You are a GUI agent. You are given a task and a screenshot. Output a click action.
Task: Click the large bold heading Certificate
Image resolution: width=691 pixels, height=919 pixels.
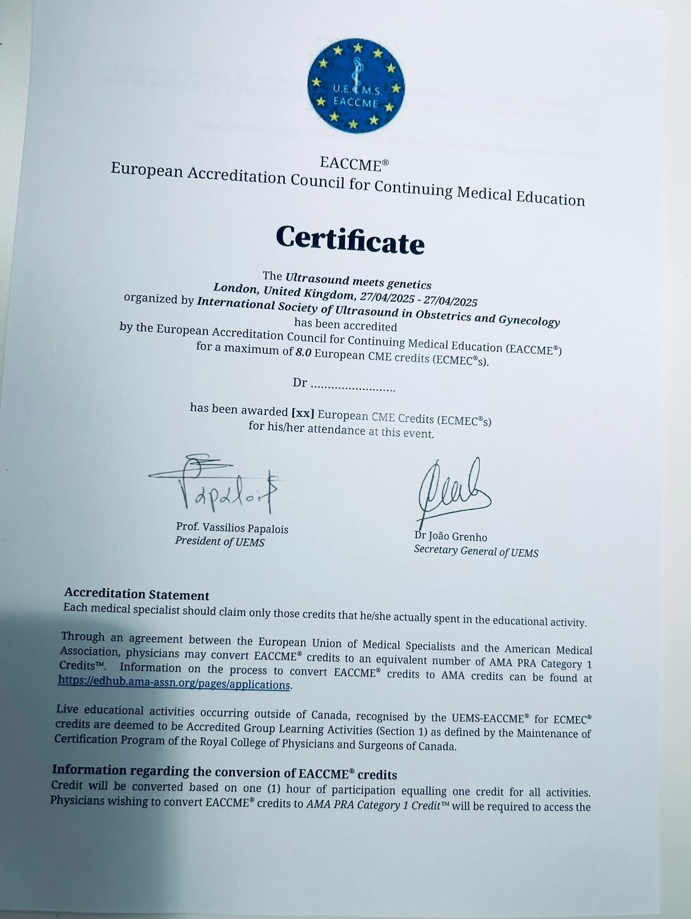click(350, 239)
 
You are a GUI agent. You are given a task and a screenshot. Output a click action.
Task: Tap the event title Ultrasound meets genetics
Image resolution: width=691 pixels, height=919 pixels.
click(358, 280)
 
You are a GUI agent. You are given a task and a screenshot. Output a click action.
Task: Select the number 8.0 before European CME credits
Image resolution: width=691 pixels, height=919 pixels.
click(304, 352)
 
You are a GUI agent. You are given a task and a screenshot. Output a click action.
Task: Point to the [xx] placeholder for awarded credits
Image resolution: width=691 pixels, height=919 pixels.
click(303, 412)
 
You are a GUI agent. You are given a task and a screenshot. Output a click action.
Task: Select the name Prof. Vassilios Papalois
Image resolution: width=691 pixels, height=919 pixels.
click(232, 528)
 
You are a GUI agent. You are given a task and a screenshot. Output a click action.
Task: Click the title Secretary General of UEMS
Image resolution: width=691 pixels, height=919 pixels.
click(476, 551)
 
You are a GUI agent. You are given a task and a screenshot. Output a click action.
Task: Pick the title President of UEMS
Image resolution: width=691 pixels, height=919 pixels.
click(220, 541)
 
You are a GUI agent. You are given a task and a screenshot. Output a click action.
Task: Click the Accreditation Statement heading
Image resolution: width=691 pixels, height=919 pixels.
click(137, 594)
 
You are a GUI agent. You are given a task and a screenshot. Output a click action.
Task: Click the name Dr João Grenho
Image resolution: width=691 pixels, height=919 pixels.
click(451, 537)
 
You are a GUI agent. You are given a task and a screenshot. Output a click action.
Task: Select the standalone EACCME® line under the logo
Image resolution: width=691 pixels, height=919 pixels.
click(354, 163)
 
